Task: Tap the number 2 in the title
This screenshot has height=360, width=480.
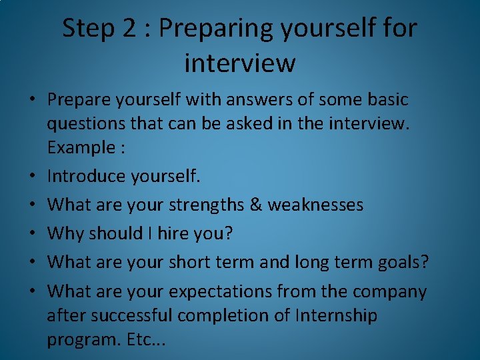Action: click(130, 28)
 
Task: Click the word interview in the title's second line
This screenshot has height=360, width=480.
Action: click(239, 63)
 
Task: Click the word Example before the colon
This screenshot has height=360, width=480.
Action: click(79, 147)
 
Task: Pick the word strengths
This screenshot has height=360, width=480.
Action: click(209, 205)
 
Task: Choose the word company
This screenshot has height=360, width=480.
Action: click(389, 292)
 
